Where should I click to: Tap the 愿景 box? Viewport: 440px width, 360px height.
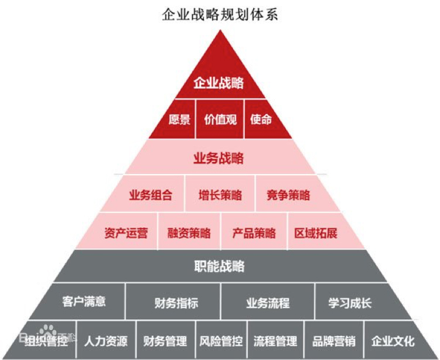[180, 120]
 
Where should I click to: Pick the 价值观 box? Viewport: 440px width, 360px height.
[220, 120]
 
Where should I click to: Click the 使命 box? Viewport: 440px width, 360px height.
[261, 120]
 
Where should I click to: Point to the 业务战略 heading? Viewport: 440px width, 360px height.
[219, 158]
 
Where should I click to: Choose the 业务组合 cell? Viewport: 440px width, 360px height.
[151, 196]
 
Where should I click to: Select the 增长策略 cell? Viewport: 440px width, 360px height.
[220, 196]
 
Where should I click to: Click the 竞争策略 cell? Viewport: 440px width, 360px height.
[288, 196]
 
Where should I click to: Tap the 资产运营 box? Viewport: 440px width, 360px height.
[126, 233]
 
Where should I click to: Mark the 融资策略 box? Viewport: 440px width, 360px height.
[189, 233]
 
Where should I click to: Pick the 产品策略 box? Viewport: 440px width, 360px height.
[254, 233]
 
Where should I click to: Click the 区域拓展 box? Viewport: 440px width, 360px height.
[316, 233]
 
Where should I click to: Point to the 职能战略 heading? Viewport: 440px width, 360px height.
[219, 267]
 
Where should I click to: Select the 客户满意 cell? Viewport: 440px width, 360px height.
[84, 302]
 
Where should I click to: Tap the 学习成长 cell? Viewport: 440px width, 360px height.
[350, 303]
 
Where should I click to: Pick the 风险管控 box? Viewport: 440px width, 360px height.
[221, 341]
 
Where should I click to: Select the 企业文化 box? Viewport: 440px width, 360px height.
[393, 341]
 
